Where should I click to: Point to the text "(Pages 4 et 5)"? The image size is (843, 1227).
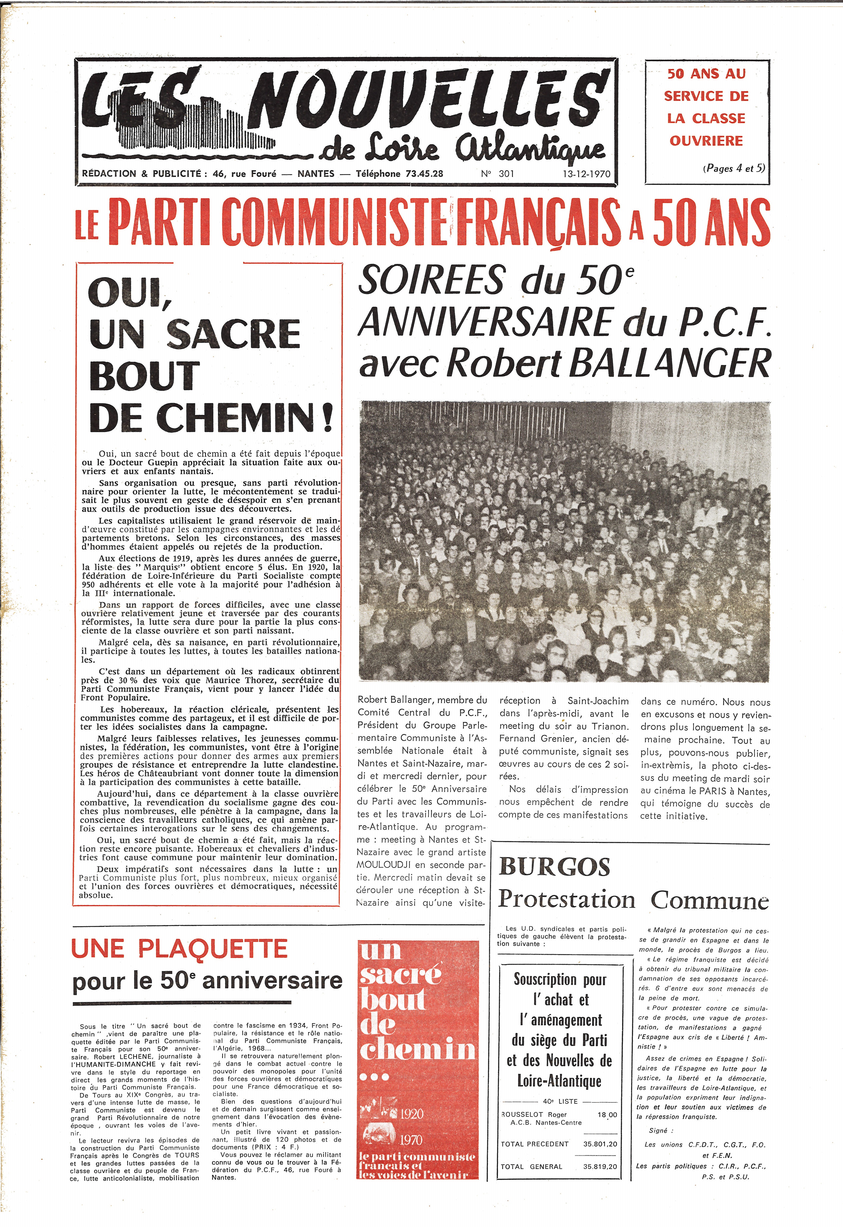point(733,169)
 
